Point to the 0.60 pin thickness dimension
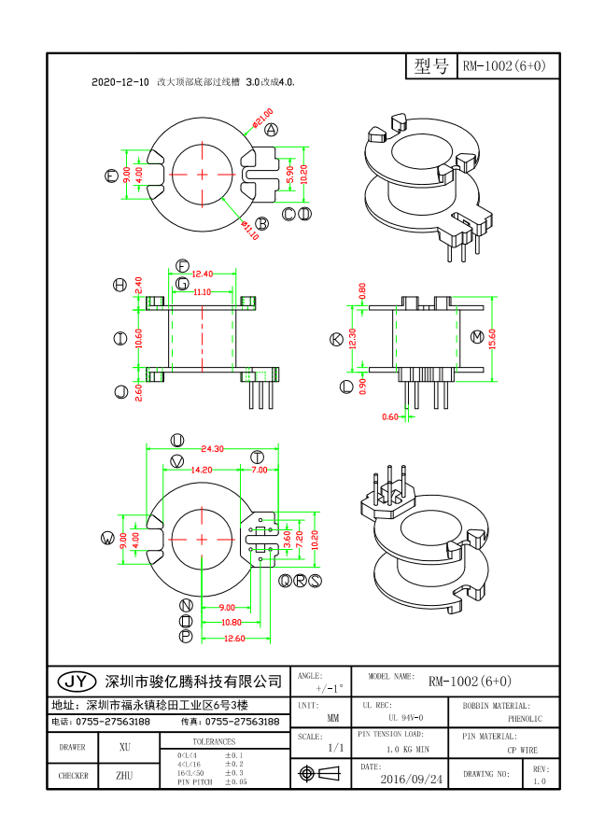coord(390,416)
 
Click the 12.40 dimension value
coord(202,274)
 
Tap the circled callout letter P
coord(186,637)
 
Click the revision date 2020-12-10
coord(120,83)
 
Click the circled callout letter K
coord(337,340)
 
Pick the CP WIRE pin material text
coord(523,749)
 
